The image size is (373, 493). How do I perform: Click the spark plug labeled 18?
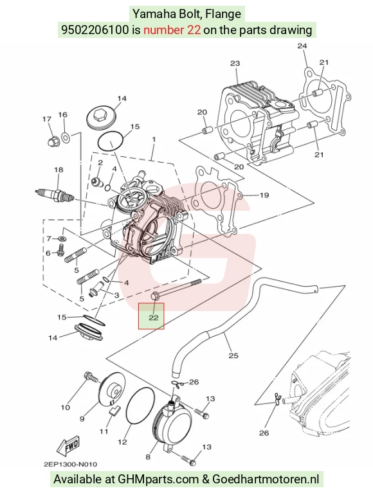pyautogui.click(x=55, y=195)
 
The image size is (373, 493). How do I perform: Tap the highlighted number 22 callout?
pyautogui.click(x=153, y=318)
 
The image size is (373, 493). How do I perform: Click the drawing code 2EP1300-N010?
pyautogui.click(x=71, y=464)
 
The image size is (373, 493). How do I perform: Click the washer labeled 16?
pyautogui.click(x=66, y=137)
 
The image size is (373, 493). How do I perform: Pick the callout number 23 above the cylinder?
pyautogui.click(x=235, y=63)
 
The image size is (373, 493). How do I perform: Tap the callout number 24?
pyautogui.click(x=302, y=46)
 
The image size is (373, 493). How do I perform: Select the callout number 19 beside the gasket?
pyautogui.click(x=264, y=195)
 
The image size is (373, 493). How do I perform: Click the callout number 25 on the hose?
pyautogui.click(x=233, y=355)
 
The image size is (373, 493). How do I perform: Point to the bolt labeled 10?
pyautogui.click(x=91, y=377)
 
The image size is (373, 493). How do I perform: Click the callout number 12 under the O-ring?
pyautogui.click(x=122, y=442)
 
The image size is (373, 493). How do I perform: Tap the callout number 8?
pyautogui.click(x=148, y=456)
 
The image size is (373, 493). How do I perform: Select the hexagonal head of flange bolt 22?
pyautogui.click(x=155, y=296)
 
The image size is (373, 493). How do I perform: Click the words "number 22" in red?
pyautogui.click(x=172, y=30)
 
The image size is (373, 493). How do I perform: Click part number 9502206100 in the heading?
pyautogui.click(x=95, y=30)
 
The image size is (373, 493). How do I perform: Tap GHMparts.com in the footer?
pyautogui.click(x=158, y=480)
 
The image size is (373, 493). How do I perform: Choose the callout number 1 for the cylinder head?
pyautogui.click(x=154, y=139)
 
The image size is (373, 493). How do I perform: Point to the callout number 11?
pyautogui.click(x=104, y=431)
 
